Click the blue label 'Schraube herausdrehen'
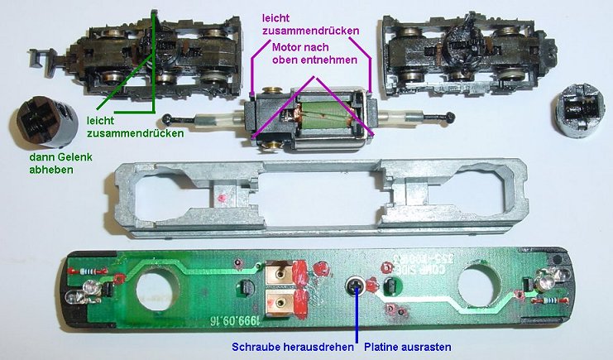[x=292, y=347]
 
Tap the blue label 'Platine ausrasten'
[x=408, y=347]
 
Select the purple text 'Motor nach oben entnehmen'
[x=314, y=54]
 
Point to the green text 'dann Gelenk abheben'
[x=60, y=163]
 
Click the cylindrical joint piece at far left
[x=45, y=122]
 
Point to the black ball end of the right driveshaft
[x=449, y=116]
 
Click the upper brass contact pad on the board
[x=278, y=274]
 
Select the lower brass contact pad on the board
[x=278, y=302]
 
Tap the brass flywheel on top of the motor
[x=271, y=90]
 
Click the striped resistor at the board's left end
[x=88, y=271]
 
